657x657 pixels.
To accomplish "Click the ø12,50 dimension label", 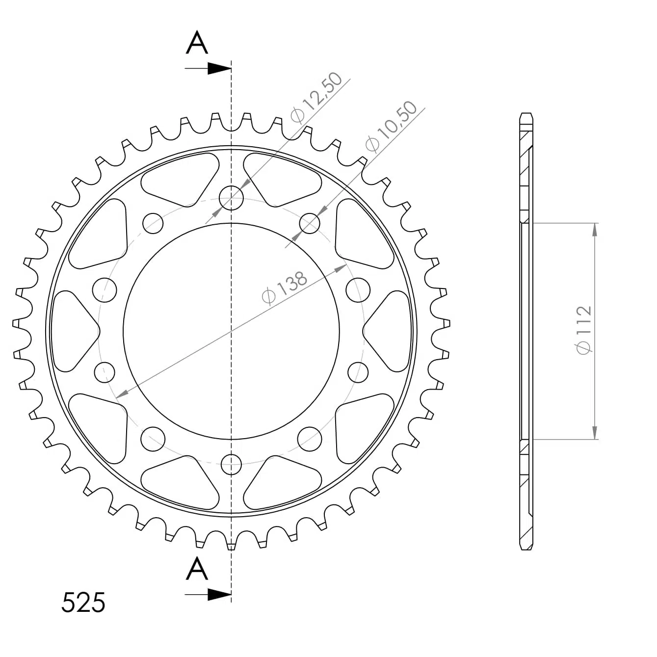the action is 316,97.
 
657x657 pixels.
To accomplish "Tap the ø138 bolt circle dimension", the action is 285,288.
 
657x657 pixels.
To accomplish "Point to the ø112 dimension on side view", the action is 583,330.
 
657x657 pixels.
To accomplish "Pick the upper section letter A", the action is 197,43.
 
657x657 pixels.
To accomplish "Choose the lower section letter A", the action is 197,569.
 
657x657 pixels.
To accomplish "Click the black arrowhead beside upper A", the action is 219,69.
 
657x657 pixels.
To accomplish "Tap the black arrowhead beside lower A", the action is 219,595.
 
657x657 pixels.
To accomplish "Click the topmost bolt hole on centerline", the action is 231,198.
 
